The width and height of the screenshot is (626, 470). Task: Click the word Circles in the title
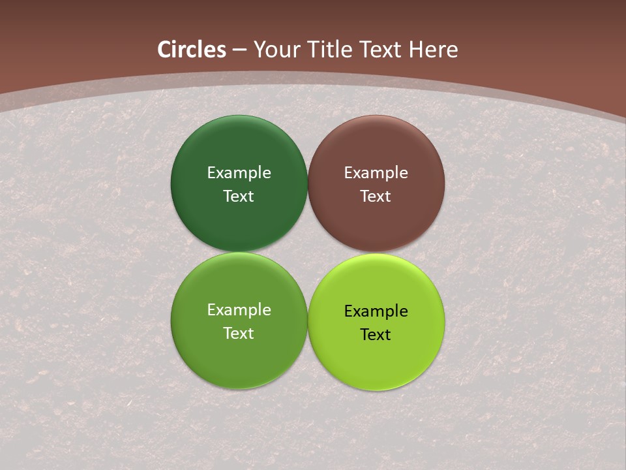click(x=192, y=50)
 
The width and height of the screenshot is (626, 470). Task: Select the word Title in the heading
click(x=329, y=50)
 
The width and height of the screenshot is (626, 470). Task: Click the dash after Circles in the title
click(x=239, y=50)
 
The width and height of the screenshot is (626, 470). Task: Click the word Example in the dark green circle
click(x=239, y=173)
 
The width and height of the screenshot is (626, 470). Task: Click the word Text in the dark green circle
click(x=239, y=196)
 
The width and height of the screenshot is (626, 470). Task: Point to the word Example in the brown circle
click(x=376, y=173)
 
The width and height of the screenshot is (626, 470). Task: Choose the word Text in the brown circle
click(x=376, y=196)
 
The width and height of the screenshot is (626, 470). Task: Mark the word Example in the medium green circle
click(x=239, y=310)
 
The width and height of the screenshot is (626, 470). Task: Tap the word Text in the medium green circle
click(x=239, y=334)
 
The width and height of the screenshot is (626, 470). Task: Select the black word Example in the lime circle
click(x=376, y=311)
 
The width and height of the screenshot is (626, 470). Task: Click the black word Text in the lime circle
click(x=376, y=335)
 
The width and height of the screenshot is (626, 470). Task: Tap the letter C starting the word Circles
click(x=164, y=50)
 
